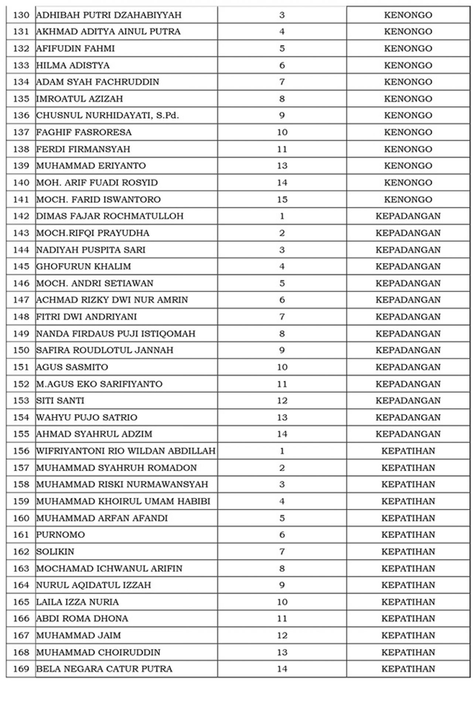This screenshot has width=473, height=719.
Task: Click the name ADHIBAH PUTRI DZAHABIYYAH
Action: click(109, 15)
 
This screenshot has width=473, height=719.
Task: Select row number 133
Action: click(21, 65)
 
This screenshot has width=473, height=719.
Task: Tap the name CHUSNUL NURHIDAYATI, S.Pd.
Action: click(108, 115)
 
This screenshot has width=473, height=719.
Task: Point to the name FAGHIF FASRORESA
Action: click(84, 132)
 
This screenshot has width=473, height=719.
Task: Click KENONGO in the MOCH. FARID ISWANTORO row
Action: click(408, 200)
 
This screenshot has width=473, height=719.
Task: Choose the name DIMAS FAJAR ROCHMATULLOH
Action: click(110, 216)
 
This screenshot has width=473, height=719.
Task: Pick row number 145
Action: click(21, 267)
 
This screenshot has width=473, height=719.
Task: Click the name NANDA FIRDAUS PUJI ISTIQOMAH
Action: click(116, 334)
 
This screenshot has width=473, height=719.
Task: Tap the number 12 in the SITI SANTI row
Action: click(282, 401)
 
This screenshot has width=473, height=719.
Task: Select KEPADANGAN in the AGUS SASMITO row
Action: click(408, 367)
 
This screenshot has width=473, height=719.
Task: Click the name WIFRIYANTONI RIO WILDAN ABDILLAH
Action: click(126, 451)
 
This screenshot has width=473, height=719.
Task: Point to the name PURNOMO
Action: click(61, 535)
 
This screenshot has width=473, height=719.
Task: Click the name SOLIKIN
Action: click(55, 552)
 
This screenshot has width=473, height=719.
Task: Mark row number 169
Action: click(21, 669)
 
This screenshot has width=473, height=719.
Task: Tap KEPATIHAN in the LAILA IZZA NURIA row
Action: click(408, 602)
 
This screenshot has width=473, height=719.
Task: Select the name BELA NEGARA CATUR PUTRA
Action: click(104, 669)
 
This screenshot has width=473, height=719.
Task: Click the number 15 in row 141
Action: click(282, 200)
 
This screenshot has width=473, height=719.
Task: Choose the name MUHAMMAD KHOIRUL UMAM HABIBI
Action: click(123, 501)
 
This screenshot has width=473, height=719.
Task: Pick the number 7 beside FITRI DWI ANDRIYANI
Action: click(282, 317)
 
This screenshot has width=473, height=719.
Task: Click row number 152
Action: click(21, 384)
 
